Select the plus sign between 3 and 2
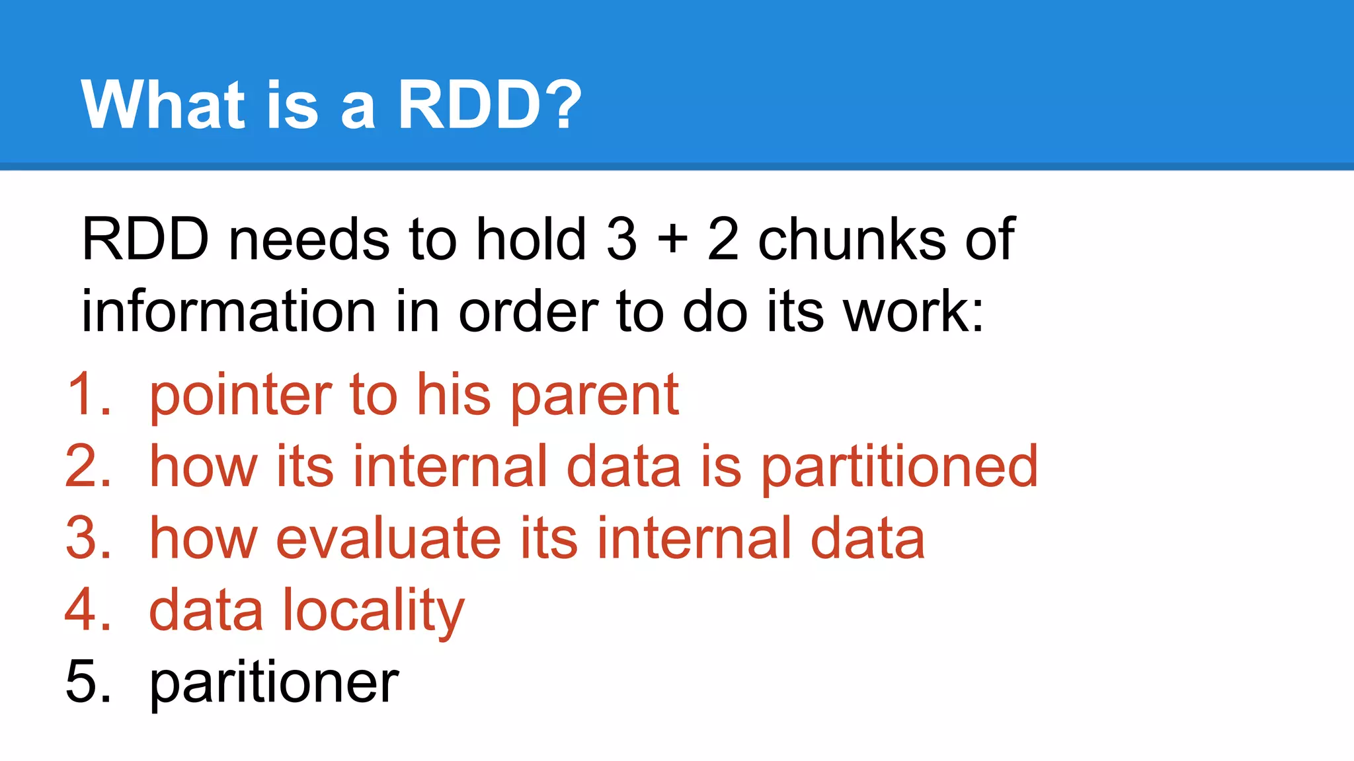(x=672, y=239)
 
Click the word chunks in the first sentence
(x=852, y=239)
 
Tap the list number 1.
(x=87, y=394)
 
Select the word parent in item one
(x=595, y=396)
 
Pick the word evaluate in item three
(x=389, y=538)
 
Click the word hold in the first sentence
(x=531, y=239)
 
